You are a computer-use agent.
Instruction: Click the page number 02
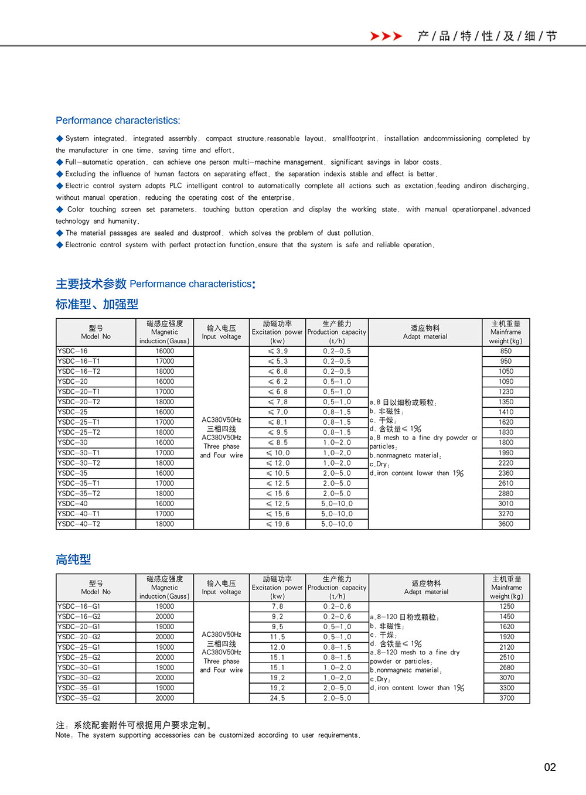[x=550, y=767]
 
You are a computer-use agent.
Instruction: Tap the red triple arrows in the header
[x=386, y=36]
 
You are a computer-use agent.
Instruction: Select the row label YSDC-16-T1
[x=79, y=361]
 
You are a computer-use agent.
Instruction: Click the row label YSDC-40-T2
[x=79, y=524]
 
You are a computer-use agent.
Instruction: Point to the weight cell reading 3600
[x=506, y=524]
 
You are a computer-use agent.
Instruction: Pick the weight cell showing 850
[x=506, y=351]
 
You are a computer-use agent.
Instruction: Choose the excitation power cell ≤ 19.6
[x=278, y=524]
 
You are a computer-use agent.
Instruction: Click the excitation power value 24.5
[x=278, y=698]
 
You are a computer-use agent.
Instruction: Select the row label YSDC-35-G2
[x=79, y=698]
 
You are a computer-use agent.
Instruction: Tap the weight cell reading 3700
[x=507, y=698]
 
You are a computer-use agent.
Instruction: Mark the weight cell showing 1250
[x=507, y=606]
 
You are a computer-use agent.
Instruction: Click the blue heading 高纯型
[x=73, y=559]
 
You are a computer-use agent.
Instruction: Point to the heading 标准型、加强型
[x=97, y=304]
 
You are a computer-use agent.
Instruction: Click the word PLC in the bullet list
[x=176, y=186]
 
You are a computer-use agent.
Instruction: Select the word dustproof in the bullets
[x=207, y=233]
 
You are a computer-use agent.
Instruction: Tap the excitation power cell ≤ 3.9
[x=278, y=351]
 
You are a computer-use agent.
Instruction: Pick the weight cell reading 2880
[x=506, y=493]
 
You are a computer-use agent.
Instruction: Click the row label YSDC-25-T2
[x=79, y=432]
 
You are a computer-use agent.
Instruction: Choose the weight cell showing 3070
[x=507, y=677]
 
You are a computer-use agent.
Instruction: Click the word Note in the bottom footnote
[x=63, y=735]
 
